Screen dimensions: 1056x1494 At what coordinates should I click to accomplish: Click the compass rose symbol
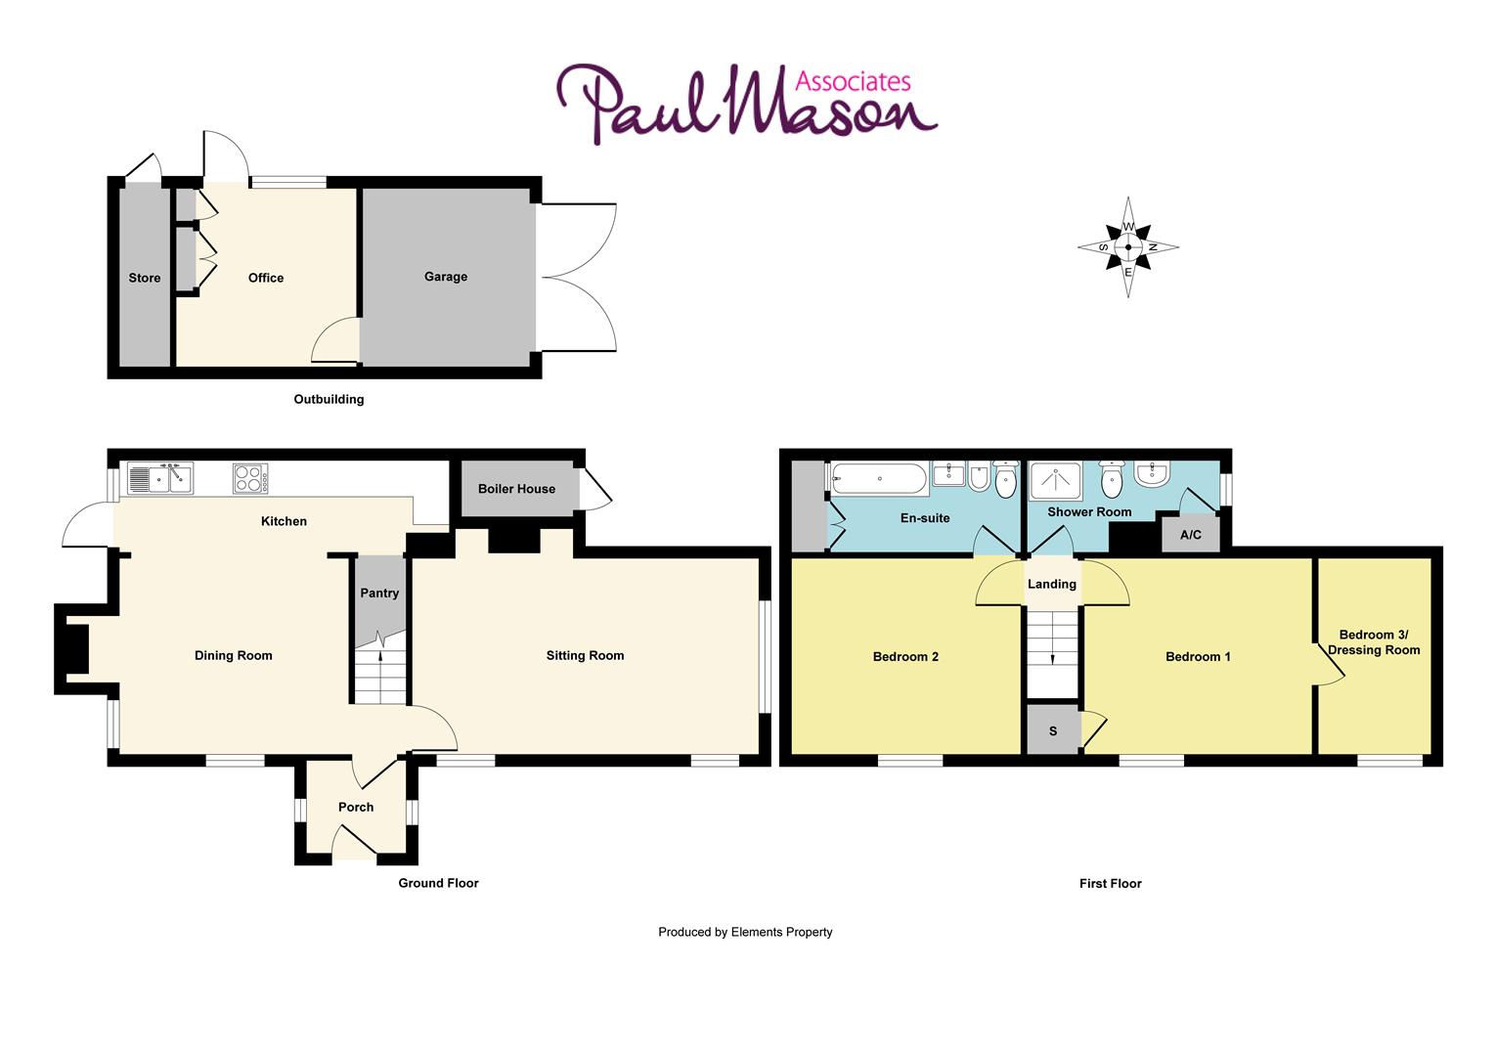[1128, 246]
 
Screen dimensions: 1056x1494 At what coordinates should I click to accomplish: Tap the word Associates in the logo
[853, 81]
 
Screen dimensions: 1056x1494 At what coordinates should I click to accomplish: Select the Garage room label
[446, 277]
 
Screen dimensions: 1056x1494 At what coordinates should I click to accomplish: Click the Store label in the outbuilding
[145, 278]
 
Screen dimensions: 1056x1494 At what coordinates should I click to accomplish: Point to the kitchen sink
[160, 479]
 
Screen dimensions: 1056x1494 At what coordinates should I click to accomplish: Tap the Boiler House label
[516, 489]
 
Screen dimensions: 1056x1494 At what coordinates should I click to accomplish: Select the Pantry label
[379, 593]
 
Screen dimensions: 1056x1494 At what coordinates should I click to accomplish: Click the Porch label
[356, 807]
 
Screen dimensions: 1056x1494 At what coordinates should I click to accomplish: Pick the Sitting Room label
[585, 655]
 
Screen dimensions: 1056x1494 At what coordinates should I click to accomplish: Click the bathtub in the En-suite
[879, 479]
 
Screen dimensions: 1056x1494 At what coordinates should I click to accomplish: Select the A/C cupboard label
[1191, 535]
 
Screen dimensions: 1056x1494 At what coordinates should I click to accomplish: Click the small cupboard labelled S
[1053, 730]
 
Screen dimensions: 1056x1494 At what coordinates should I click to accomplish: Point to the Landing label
[1052, 584]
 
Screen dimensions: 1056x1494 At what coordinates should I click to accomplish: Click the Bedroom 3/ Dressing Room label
[1374, 642]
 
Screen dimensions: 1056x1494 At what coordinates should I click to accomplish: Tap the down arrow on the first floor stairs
[1053, 658]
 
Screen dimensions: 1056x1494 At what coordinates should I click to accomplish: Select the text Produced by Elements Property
[745, 932]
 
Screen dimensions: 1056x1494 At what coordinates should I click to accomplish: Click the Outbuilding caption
[329, 399]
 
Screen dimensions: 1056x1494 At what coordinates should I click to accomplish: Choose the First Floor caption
[1110, 883]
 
